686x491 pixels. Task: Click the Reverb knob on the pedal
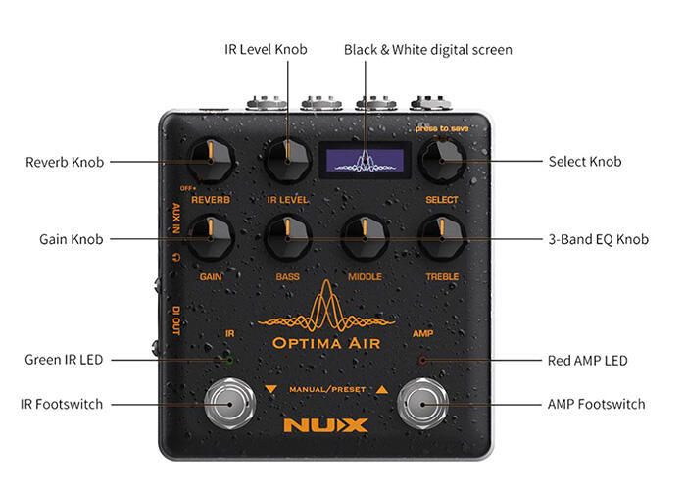click(211, 161)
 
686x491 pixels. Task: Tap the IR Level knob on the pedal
click(287, 161)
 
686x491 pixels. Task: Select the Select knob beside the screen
click(442, 161)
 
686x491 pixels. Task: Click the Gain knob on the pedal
click(211, 237)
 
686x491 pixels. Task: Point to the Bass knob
click(287, 237)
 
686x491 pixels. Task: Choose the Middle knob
click(365, 237)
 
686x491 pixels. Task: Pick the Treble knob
click(442, 237)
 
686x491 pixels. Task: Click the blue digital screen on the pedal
click(365, 160)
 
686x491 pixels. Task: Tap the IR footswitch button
click(229, 404)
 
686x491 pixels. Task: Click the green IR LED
click(228, 360)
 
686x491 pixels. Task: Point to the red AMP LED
click(423, 360)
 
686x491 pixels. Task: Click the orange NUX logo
click(326, 425)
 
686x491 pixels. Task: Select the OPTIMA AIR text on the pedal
click(326, 343)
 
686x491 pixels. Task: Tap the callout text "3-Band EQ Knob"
click(599, 239)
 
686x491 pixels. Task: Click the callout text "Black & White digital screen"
click(428, 50)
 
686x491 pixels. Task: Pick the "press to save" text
click(442, 128)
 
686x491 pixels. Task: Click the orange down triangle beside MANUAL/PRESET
click(270, 389)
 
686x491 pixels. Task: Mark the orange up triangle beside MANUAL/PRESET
click(382, 389)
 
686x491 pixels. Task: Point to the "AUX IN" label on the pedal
click(176, 218)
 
